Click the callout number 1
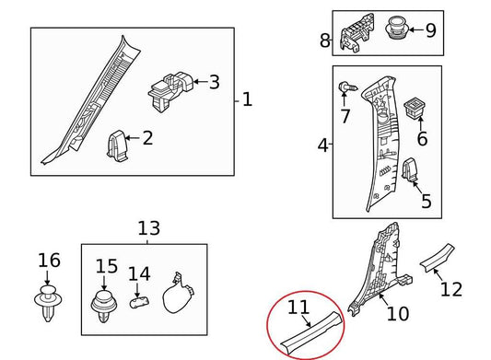[x=246, y=99]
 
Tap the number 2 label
[x=146, y=139]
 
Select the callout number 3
[x=214, y=83]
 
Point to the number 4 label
[x=322, y=145]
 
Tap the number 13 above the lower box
[x=147, y=227]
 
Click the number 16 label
[x=48, y=261]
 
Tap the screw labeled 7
[x=345, y=89]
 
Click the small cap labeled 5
[x=412, y=170]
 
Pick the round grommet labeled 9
[x=400, y=28]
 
